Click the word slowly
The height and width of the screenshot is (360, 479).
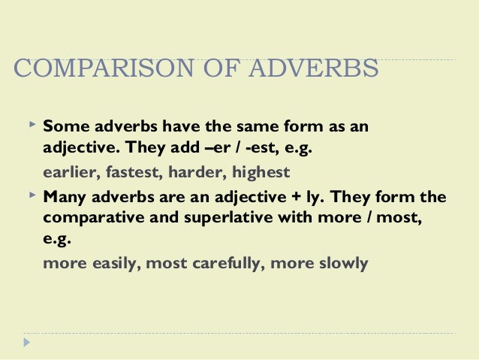[x=342, y=264]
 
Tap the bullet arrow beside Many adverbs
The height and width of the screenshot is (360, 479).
[x=30, y=195]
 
